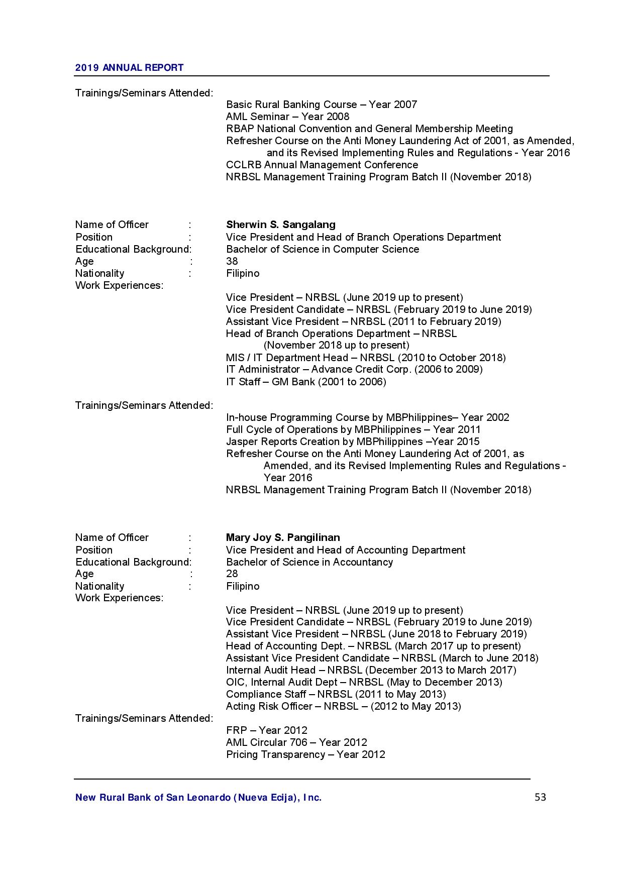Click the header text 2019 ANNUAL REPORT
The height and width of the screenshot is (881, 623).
[x=129, y=68]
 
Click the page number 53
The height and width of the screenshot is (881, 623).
[x=540, y=797]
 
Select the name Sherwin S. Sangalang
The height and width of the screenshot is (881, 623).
[x=280, y=225]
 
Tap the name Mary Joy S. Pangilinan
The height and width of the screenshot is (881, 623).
[x=283, y=537]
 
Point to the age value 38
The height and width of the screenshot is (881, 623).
[x=232, y=261]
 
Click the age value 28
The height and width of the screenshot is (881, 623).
[x=232, y=574]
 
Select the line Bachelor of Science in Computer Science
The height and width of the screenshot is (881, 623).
[x=322, y=249]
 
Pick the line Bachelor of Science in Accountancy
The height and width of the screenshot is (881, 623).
[x=309, y=562]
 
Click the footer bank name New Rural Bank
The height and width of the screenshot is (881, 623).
[x=198, y=797]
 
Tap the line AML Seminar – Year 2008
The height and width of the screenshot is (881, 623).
[x=287, y=117]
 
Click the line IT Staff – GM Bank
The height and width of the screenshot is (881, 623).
[x=306, y=382]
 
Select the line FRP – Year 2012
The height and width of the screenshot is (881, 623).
[x=266, y=730]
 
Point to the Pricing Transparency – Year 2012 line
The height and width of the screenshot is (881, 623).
[x=305, y=754]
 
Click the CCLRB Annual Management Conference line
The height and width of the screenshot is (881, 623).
[x=322, y=165]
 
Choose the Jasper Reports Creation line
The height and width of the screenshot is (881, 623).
[x=353, y=442]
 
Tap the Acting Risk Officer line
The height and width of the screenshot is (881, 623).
[x=343, y=706]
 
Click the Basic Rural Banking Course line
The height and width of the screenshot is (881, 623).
[x=322, y=104]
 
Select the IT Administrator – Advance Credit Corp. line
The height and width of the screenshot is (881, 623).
[x=354, y=370]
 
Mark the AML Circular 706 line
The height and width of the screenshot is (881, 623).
[x=296, y=742]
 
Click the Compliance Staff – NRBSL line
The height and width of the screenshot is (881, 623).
[x=336, y=694]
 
